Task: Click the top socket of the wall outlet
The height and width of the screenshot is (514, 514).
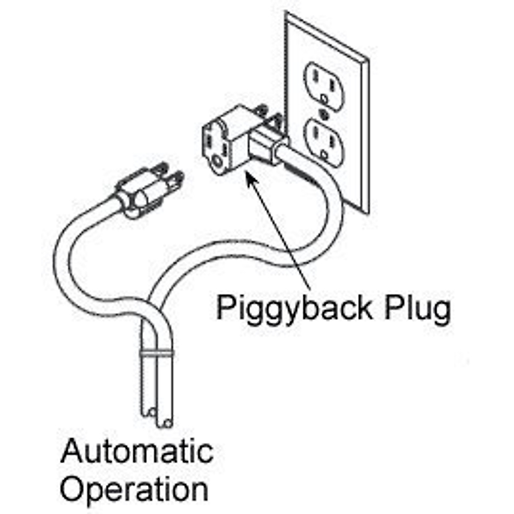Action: click(x=324, y=86)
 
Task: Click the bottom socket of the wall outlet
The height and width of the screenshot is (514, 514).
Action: click(x=325, y=143)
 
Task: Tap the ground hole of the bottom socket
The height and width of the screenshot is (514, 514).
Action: click(x=324, y=154)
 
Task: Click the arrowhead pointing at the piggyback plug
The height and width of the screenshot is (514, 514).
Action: click(x=251, y=178)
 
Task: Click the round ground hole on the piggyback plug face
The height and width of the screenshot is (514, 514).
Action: click(x=218, y=161)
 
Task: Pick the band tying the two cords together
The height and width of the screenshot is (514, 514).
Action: click(x=157, y=354)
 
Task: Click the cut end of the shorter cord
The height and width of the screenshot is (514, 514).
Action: click(x=149, y=412)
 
